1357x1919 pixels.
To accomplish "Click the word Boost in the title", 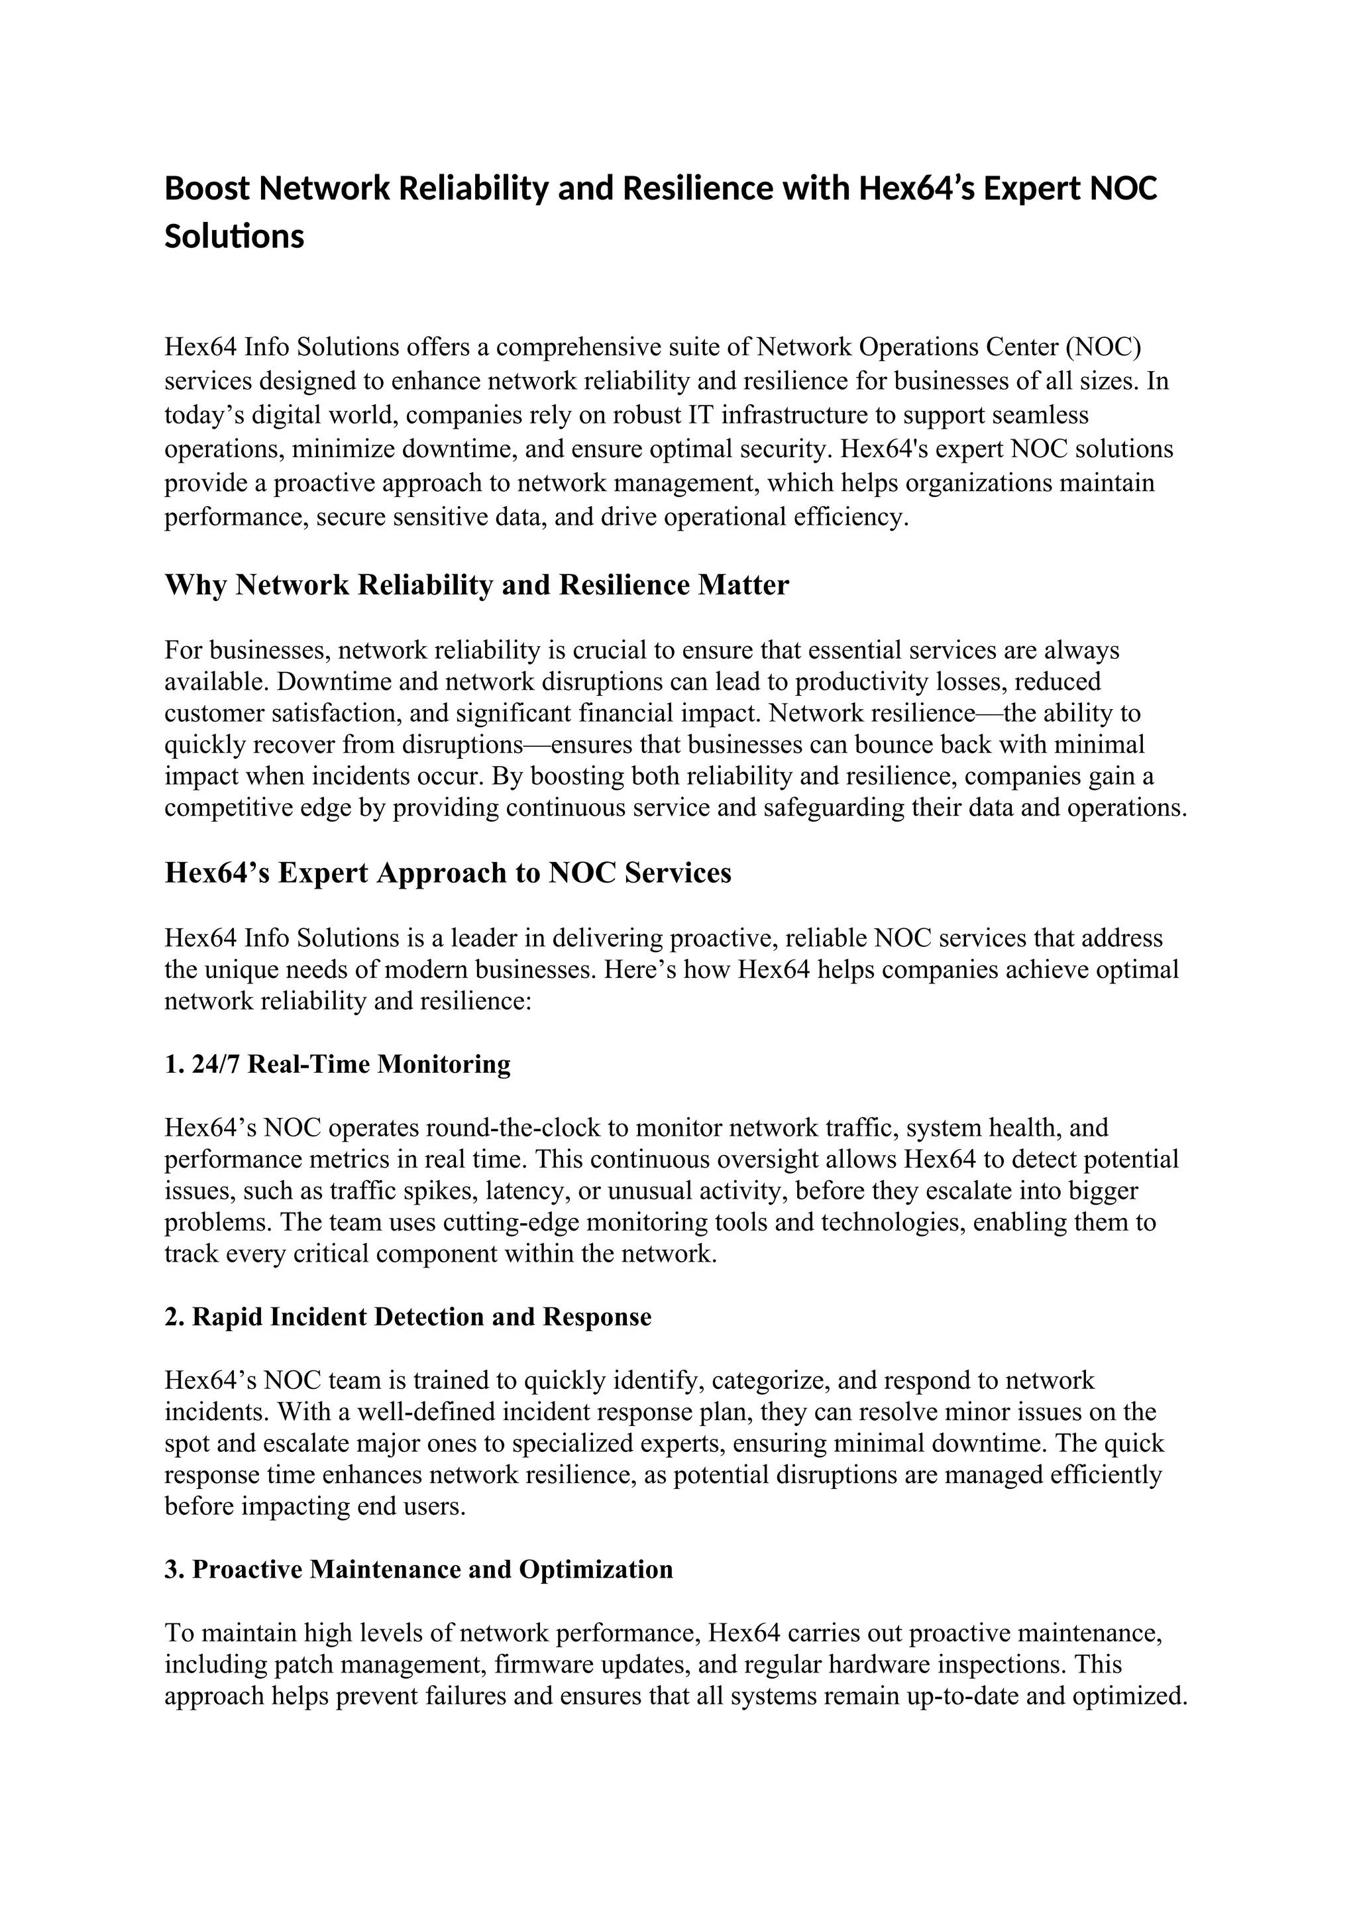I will (x=206, y=189).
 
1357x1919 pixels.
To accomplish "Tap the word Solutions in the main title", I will (x=234, y=237).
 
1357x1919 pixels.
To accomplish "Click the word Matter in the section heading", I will (x=743, y=585).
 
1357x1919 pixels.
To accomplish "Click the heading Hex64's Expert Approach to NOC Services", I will (x=448, y=873).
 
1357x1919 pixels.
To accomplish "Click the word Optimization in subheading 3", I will (x=596, y=1570).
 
